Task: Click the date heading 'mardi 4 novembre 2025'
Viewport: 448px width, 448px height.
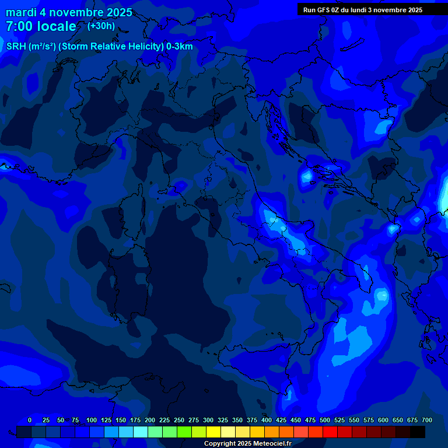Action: click(x=69, y=12)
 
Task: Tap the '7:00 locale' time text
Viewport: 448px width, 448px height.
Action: click(x=41, y=26)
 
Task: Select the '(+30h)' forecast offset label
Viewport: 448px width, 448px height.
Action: click(x=101, y=26)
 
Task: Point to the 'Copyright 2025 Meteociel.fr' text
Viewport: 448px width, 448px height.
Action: click(x=247, y=443)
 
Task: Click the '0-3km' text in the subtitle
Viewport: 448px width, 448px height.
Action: click(x=179, y=47)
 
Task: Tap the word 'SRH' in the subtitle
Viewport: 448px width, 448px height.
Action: click(x=16, y=47)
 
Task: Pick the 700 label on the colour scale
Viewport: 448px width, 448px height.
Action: click(x=427, y=420)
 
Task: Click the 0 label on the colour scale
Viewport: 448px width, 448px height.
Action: click(x=30, y=420)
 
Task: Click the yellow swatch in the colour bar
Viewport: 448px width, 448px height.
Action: click(x=213, y=432)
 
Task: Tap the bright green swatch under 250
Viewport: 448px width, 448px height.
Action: click(x=184, y=432)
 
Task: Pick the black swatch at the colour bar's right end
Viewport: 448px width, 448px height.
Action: click(x=418, y=432)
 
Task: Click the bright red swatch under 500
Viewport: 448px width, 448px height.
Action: click(x=330, y=432)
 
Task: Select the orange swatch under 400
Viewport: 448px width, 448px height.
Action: click(x=272, y=432)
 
